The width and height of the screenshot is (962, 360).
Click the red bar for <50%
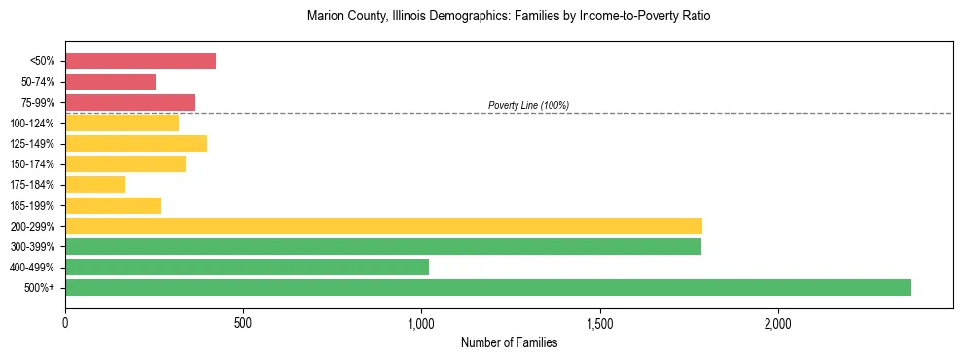pyautogui.click(x=140, y=61)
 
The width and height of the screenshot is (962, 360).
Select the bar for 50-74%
pyautogui.click(x=110, y=82)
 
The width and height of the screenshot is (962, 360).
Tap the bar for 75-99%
pyautogui.click(x=129, y=102)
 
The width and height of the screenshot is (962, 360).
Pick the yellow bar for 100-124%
pyautogui.click(x=122, y=123)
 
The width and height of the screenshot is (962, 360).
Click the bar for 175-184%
pyautogui.click(x=95, y=184)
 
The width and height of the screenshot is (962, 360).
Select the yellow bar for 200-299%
pyautogui.click(x=383, y=226)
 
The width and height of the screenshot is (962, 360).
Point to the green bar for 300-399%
pyautogui.click(x=383, y=246)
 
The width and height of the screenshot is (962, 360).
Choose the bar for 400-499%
pyautogui.click(x=247, y=267)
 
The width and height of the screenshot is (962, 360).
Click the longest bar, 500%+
pyautogui.click(x=488, y=287)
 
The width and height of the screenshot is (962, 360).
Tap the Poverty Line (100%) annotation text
pyautogui.click(x=528, y=105)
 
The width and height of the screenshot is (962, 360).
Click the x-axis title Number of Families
pyautogui.click(x=509, y=342)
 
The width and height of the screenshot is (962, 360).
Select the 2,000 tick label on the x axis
pyautogui.click(x=778, y=322)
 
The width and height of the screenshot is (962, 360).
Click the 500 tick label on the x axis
pyautogui.click(x=243, y=322)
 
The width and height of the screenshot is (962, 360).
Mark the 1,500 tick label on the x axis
pyautogui.click(x=600, y=322)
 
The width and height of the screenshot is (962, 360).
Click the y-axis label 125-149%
pyautogui.click(x=32, y=144)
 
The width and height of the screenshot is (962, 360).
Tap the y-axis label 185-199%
pyautogui.click(x=32, y=205)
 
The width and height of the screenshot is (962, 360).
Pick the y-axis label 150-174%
pyautogui.click(x=32, y=164)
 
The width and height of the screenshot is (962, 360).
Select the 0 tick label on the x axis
pyautogui.click(x=65, y=322)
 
